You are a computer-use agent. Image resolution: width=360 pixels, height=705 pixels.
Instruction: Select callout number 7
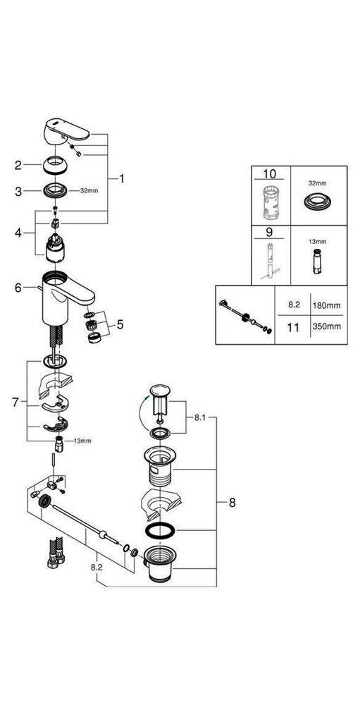click(15, 402)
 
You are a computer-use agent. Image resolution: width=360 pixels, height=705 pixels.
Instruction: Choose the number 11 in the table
click(295, 327)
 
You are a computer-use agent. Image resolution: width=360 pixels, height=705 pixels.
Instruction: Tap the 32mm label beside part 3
click(89, 190)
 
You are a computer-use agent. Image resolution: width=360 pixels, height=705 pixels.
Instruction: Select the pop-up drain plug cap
click(159, 393)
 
